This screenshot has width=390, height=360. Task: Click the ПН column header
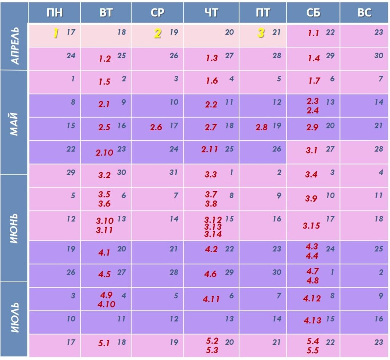click(x=54, y=13)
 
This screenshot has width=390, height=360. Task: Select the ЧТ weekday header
click(x=211, y=13)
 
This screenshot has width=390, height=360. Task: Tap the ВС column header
click(x=364, y=13)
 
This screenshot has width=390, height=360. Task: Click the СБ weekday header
click(x=313, y=13)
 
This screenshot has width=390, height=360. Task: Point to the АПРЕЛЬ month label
click(x=14, y=46)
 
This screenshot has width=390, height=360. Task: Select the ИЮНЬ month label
click(x=14, y=227)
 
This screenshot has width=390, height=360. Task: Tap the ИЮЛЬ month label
click(x=14, y=318)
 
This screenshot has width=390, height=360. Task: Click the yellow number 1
click(x=56, y=34)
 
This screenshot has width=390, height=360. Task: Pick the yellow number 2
click(x=157, y=34)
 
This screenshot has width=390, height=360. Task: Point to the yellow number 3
click(x=261, y=33)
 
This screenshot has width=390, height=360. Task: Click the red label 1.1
click(x=313, y=34)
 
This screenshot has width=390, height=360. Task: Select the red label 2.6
click(x=156, y=127)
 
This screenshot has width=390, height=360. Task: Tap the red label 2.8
click(x=262, y=127)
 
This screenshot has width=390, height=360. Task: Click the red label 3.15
click(x=311, y=226)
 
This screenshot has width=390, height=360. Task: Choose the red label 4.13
click(x=313, y=320)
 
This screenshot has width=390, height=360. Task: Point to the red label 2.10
click(x=104, y=152)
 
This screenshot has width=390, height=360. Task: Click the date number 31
click(x=174, y=172)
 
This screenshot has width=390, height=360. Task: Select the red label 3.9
click(x=311, y=198)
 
